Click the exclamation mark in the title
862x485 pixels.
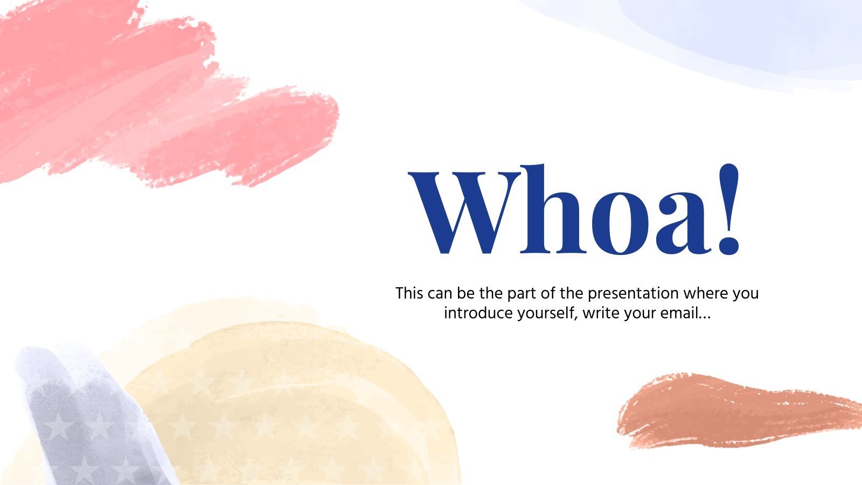pyautogui.click(x=728, y=210)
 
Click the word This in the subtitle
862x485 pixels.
pyautogui.click(x=410, y=294)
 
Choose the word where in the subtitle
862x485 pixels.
pyautogui.click(x=705, y=294)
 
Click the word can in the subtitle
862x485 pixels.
pyautogui.click(x=441, y=294)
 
